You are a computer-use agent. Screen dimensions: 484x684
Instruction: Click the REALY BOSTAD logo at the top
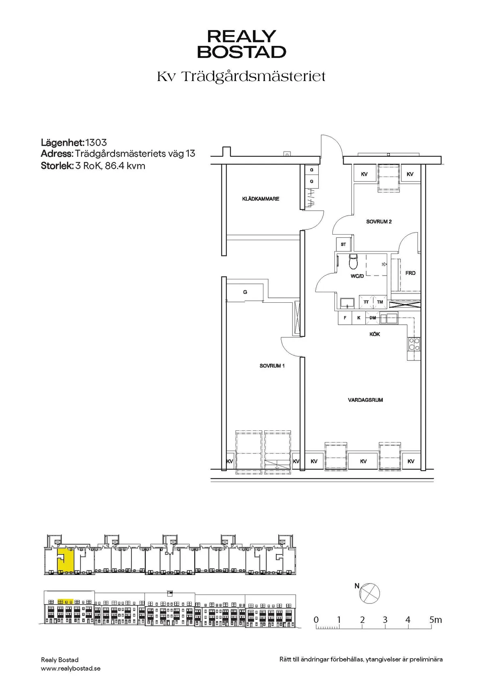pos(242,44)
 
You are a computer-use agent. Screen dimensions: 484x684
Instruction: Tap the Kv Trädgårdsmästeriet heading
pos(241,76)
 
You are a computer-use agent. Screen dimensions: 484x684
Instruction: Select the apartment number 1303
pos(96,143)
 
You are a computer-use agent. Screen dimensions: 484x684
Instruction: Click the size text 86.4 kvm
pos(125,166)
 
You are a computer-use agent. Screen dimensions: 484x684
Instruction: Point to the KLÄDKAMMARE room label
pos(261,199)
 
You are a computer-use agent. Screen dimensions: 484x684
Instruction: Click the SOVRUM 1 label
pos(272,366)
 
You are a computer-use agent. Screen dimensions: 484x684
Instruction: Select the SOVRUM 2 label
pos(379,222)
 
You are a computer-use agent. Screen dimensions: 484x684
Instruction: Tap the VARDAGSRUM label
pos(365,400)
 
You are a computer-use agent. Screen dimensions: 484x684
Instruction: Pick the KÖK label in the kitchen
pos(375,334)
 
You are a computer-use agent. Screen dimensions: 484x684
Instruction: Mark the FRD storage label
pos(410,273)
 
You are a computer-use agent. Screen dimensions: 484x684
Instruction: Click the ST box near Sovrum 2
pos(344,244)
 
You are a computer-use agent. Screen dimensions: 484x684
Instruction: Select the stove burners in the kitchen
pos(414,344)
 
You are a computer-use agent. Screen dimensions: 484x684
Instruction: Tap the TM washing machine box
pos(380,302)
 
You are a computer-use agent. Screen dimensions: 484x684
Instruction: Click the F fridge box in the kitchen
pos(345,318)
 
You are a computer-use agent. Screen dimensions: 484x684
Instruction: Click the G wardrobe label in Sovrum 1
pos(245,292)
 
